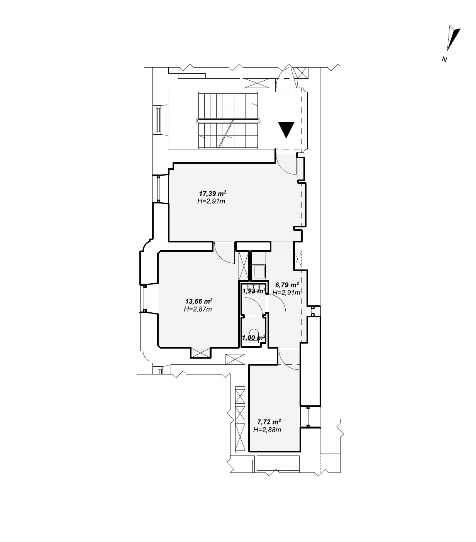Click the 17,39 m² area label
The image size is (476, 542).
point(213,193)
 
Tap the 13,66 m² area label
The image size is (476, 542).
point(199,301)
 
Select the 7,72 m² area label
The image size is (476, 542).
point(269,422)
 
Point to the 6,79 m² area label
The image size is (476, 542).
point(287,285)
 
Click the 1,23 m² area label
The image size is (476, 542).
point(254,291)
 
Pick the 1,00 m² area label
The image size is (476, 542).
point(253,338)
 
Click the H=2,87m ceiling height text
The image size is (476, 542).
point(198,309)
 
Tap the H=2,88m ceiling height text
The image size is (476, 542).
point(267,430)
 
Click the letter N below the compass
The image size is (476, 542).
point(444,60)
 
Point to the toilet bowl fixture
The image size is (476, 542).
point(253,333)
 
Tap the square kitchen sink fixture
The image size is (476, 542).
point(259,271)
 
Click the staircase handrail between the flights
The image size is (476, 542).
point(228,121)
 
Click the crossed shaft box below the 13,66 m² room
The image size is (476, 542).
point(200,352)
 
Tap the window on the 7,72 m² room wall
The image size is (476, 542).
point(308,417)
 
